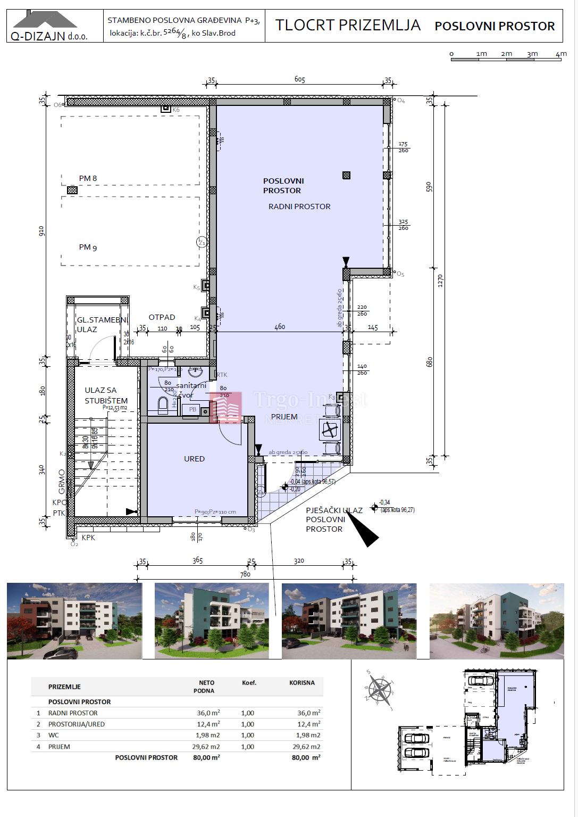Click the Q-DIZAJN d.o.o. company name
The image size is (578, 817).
(x=49, y=36)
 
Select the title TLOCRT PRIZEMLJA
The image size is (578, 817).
(x=348, y=25)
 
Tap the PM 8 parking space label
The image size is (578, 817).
(x=88, y=178)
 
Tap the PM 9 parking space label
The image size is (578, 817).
(x=88, y=247)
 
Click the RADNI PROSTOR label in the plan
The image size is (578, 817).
(x=299, y=207)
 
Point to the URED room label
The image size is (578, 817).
(x=194, y=459)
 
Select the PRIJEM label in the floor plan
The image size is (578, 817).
(x=284, y=417)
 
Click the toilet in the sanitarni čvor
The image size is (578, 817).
(x=163, y=406)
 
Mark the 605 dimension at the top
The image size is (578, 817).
(x=300, y=79)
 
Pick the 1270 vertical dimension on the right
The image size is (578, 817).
(x=440, y=281)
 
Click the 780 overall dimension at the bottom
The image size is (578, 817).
(x=245, y=574)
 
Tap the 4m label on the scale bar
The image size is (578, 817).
(x=561, y=54)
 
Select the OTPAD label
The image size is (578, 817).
(x=162, y=317)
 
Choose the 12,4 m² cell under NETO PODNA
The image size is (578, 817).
(x=208, y=724)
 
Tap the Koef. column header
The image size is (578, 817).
(x=249, y=683)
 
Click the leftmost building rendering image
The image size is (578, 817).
(x=74, y=621)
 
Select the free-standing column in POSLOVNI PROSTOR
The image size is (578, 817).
(x=347, y=175)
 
